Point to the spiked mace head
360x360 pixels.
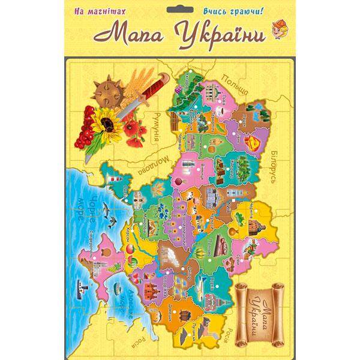pyautogui.click(x=109, y=91)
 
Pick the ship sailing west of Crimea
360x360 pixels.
pyautogui.click(x=80, y=286)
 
